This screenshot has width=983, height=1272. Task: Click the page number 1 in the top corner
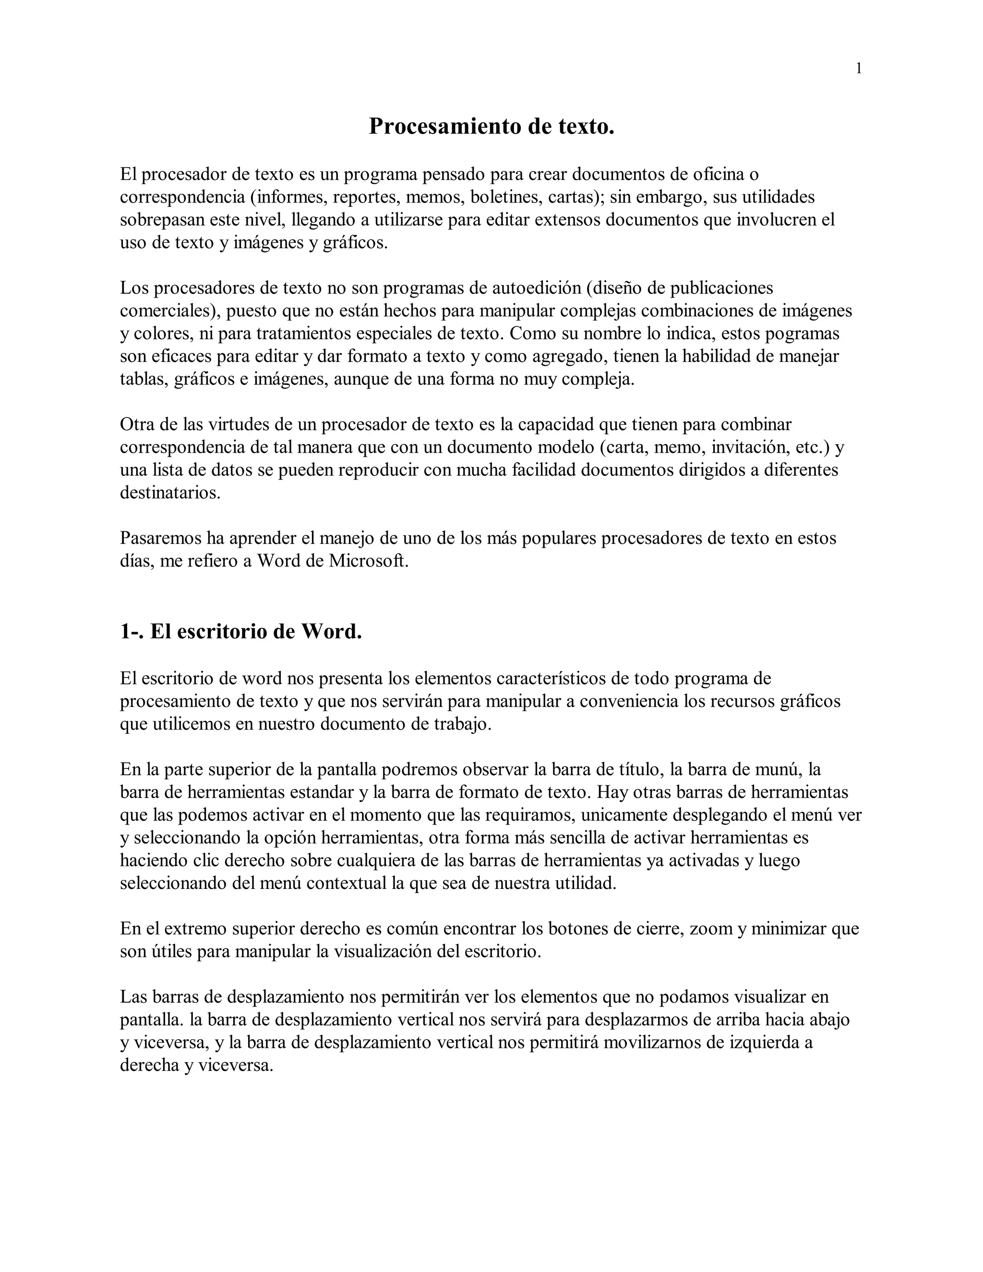click(x=858, y=69)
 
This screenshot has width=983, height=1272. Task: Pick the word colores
click(x=162, y=334)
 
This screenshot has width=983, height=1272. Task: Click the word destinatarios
click(x=169, y=493)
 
